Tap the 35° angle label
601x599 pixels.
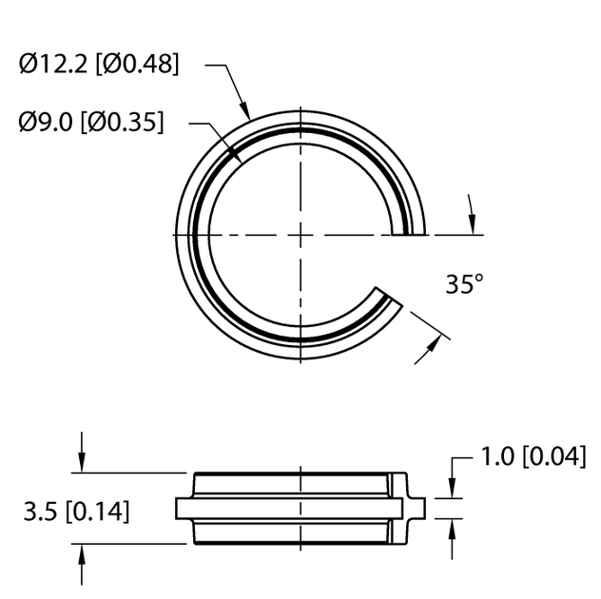tap(464, 283)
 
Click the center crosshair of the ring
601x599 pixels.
tap(300, 233)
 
